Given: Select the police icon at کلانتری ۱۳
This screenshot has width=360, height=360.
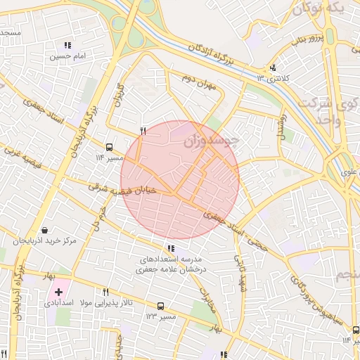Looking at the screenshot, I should tap(272, 68).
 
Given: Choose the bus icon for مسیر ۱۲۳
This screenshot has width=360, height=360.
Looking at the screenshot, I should tap(161, 307).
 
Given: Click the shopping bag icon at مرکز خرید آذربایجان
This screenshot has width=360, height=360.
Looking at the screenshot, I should tap(45, 230).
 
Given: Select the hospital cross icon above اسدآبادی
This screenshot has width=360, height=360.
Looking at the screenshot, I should tap(58, 291).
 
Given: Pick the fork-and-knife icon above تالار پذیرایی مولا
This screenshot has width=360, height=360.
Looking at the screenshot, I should tap(106, 292).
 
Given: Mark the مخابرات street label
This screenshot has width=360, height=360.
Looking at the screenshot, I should tap(206, 300).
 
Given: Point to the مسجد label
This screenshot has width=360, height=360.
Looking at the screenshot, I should tap(10, 33).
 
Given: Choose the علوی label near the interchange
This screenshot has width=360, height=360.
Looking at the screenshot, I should tap(349, 171).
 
